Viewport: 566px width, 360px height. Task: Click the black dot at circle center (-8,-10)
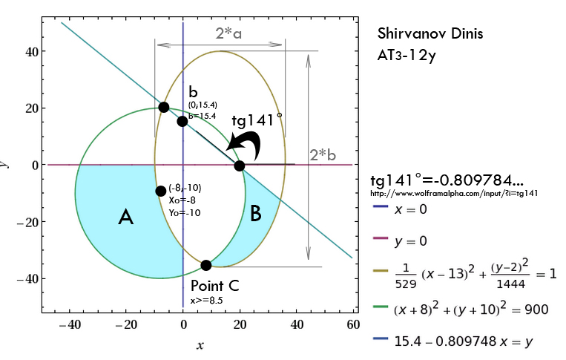point(160,192)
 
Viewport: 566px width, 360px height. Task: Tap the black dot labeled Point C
point(206,265)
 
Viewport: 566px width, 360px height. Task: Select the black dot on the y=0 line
point(239,166)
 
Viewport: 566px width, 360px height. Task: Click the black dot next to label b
point(182,121)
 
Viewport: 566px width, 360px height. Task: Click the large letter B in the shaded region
point(255,215)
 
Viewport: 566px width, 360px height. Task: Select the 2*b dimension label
point(323,156)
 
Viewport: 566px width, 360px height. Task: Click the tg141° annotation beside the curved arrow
point(256,121)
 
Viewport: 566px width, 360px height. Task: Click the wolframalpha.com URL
point(454,193)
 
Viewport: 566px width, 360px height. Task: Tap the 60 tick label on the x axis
point(353,325)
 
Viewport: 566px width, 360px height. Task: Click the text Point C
point(214,287)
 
